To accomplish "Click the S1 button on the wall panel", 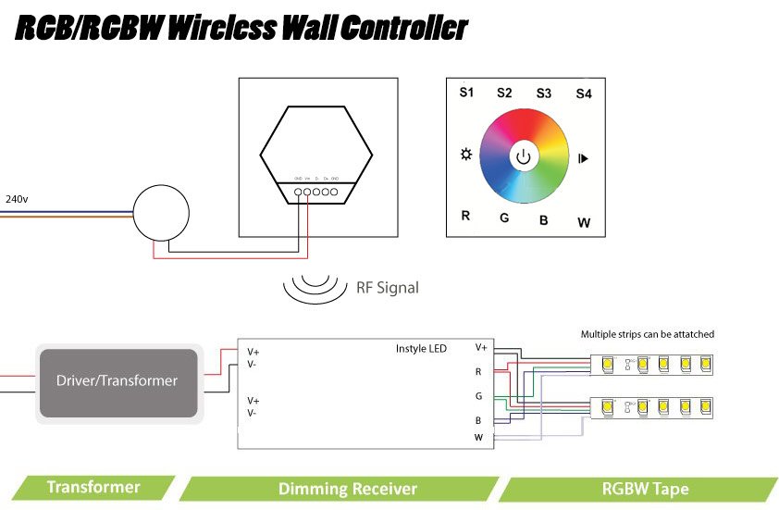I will (466, 93).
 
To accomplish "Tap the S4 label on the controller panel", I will (583, 93).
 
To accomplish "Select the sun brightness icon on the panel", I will (466, 154).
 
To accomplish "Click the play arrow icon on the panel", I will (583, 158).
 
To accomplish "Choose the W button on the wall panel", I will (584, 222).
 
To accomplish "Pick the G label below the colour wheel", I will (504, 218).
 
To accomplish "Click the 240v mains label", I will (16, 199).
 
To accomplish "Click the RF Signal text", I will (387, 288).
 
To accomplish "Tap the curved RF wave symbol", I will (313, 287).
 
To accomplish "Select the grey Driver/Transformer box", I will (117, 380).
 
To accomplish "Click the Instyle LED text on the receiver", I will (421, 348).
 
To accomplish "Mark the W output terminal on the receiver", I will (478, 437).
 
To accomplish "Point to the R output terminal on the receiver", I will (478, 372).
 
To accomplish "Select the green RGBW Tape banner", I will (645, 489).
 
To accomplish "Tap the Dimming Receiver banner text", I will (347, 489).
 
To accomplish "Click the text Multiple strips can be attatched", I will (647, 334).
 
